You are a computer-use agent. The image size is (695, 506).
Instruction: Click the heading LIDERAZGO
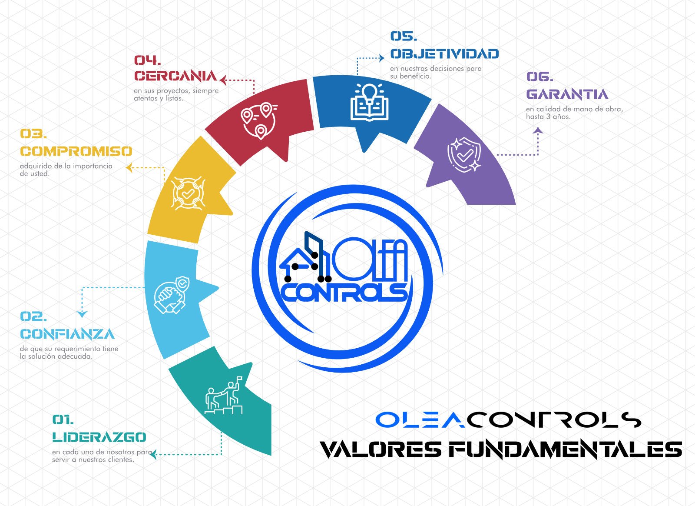pos(99,437)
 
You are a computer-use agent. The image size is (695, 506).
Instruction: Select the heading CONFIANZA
pos(67,334)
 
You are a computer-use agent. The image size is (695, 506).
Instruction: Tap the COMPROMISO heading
pos(76,151)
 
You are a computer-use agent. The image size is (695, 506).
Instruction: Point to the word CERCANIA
pos(175,76)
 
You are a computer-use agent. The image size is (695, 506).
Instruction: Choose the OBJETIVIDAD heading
pos(445,54)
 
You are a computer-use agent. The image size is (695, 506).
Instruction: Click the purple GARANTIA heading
pos(567,94)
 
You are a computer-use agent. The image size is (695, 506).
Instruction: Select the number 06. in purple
pos(540,77)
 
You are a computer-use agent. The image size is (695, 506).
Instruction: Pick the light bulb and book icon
pos(369,102)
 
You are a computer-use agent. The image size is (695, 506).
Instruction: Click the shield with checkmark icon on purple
pos(464,154)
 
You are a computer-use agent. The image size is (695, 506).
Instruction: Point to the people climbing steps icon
pos(223,396)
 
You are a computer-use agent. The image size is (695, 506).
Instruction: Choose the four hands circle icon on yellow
pos(189,194)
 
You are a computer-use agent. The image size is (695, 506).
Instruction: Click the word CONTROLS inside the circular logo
pos(345,293)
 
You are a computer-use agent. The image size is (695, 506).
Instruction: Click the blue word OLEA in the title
pos(420,419)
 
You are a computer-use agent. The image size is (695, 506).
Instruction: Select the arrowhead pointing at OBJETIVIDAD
pos(382,58)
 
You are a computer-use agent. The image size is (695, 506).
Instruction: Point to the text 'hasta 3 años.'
pos(548,117)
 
